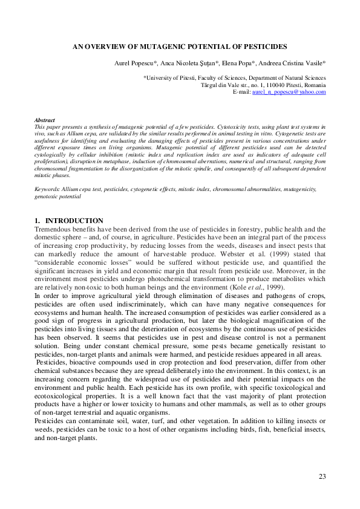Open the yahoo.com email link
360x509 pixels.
coord(293,92)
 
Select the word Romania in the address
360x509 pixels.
coord(313,85)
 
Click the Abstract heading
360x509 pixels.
coord(45,120)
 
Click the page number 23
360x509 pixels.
coord(322,477)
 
